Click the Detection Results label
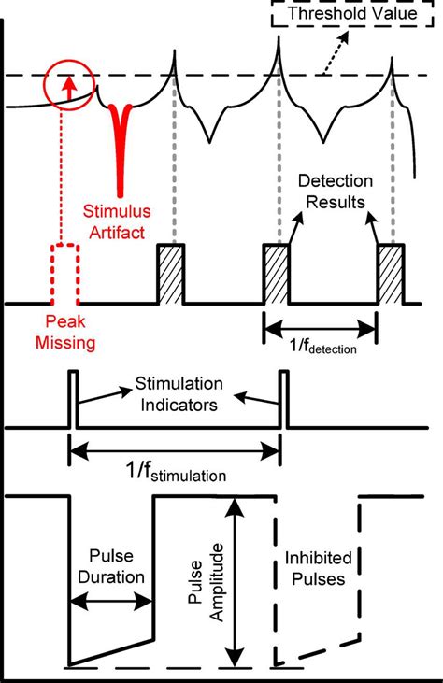[333, 194]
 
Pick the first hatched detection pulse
[169, 274]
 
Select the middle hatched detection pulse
[278, 274]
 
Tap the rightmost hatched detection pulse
[390, 274]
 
